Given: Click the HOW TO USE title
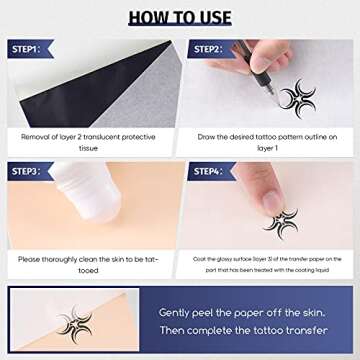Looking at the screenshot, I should tap(180, 17).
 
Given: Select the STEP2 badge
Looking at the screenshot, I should tap(208, 49).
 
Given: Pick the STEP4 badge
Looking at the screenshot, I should tap(208, 171).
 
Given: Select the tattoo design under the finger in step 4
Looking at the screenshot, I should tap(281, 221).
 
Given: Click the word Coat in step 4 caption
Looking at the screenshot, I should tap(199, 258).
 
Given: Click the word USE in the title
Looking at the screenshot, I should tap(211, 17).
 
